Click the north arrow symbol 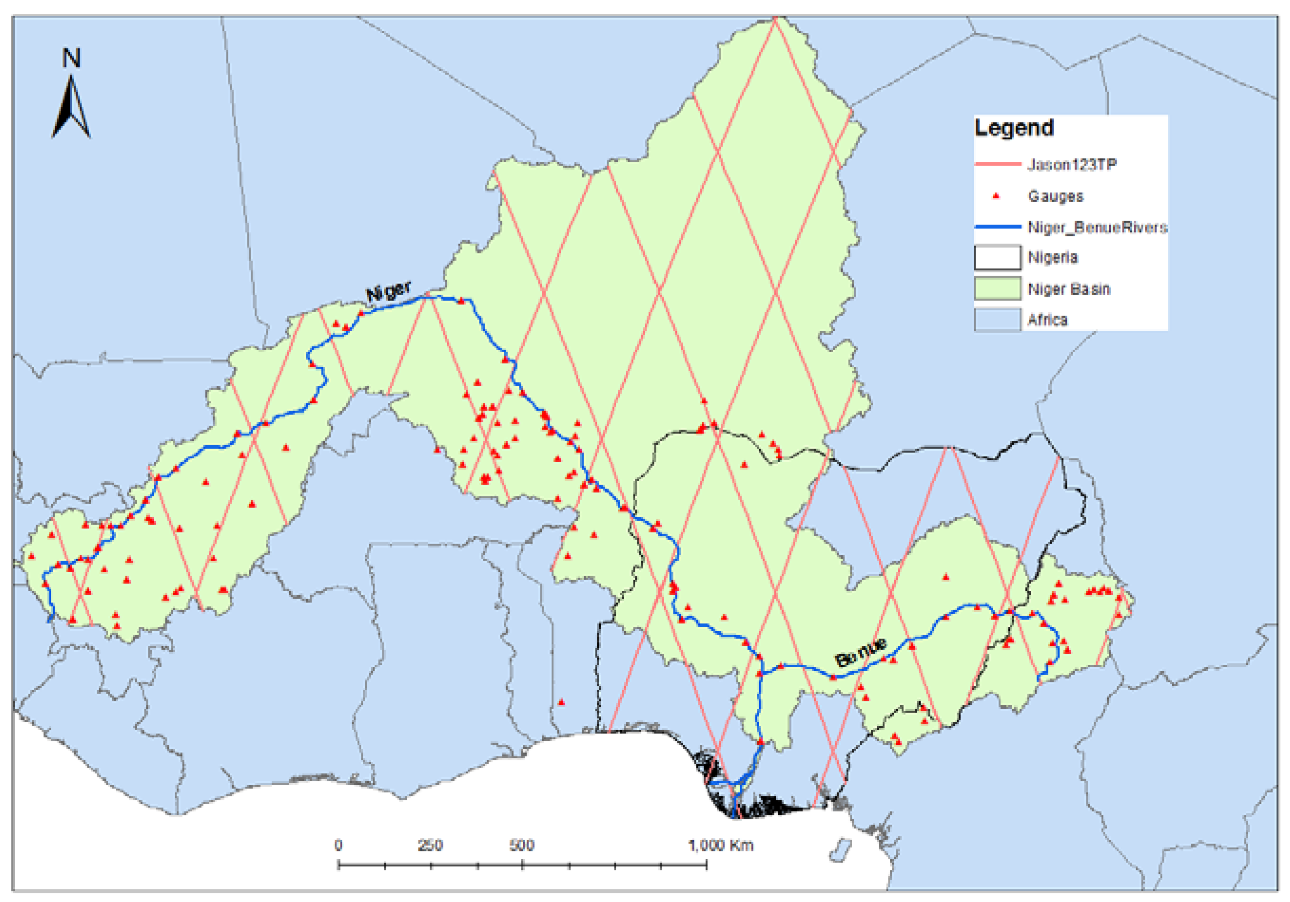(71, 109)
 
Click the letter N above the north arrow (71, 58)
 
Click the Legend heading (1014, 128)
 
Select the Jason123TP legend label (1072, 165)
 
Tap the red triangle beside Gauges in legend (996, 196)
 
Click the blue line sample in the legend (997, 227)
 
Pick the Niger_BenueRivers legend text (1097, 227)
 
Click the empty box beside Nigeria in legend (997, 258)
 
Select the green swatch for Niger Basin (997, 288)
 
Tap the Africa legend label (1047, 320)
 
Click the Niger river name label (388, 291)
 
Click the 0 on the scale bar (338, 845)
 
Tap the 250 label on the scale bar (430, 845)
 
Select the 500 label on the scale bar (521, 845)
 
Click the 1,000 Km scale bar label (721, 845)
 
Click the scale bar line (523, 865)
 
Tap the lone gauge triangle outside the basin (561, 703)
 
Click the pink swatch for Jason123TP (997, 164)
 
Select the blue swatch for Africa (997, 320)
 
